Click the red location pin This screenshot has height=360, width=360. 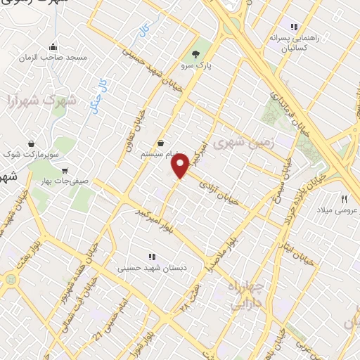coord(181,165)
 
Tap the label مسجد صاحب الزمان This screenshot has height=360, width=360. coord(62,56)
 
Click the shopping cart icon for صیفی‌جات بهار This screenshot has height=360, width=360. coord(65,170)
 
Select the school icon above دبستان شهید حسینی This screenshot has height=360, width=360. coord(152,256)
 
